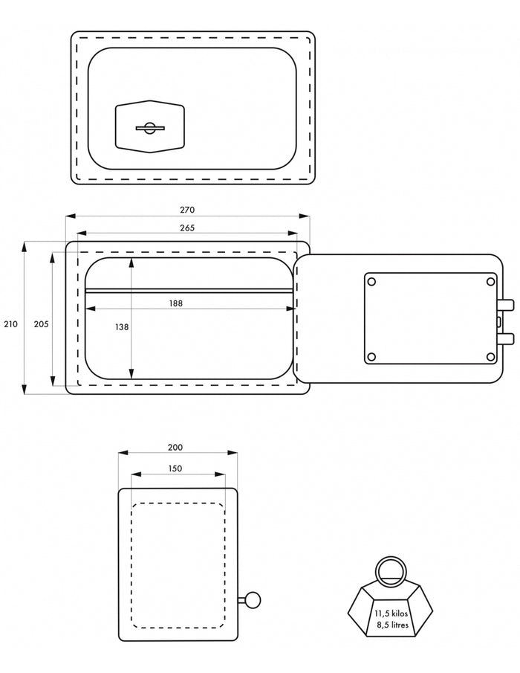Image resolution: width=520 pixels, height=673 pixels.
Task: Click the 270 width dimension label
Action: (x=187, y=210)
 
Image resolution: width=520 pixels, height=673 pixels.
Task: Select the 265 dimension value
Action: (x=187, y=228)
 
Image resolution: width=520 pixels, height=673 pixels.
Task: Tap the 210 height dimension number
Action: (x=10, y=324)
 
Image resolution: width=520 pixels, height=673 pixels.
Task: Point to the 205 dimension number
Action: (x=41, y=324)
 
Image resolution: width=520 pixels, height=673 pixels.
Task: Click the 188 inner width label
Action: (x=175, y=303)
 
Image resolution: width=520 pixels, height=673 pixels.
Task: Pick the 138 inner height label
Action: (x=122, y=327)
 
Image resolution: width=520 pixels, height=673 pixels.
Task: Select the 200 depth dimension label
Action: (x=175, y=447)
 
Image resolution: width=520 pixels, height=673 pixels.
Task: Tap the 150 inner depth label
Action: (x=175, y=468)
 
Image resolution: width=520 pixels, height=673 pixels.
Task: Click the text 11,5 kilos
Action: (x=391, y=614)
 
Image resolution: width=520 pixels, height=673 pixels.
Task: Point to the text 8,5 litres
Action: (x=393, y=625)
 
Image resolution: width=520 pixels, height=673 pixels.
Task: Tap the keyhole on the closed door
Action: (x=149, y=128)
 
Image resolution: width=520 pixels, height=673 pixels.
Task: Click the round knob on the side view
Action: (x=253, y=599)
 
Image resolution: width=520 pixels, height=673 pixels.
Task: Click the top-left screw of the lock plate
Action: (x=371, y=282)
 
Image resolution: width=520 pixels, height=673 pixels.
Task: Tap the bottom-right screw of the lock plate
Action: (x=491, y=357)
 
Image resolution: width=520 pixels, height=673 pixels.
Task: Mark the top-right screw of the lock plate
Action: (x=491, y=282)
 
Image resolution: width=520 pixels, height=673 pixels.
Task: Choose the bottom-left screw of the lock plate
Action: (x=371, y=357)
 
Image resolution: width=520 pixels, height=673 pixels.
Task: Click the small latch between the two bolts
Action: (x=499, y=321)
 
